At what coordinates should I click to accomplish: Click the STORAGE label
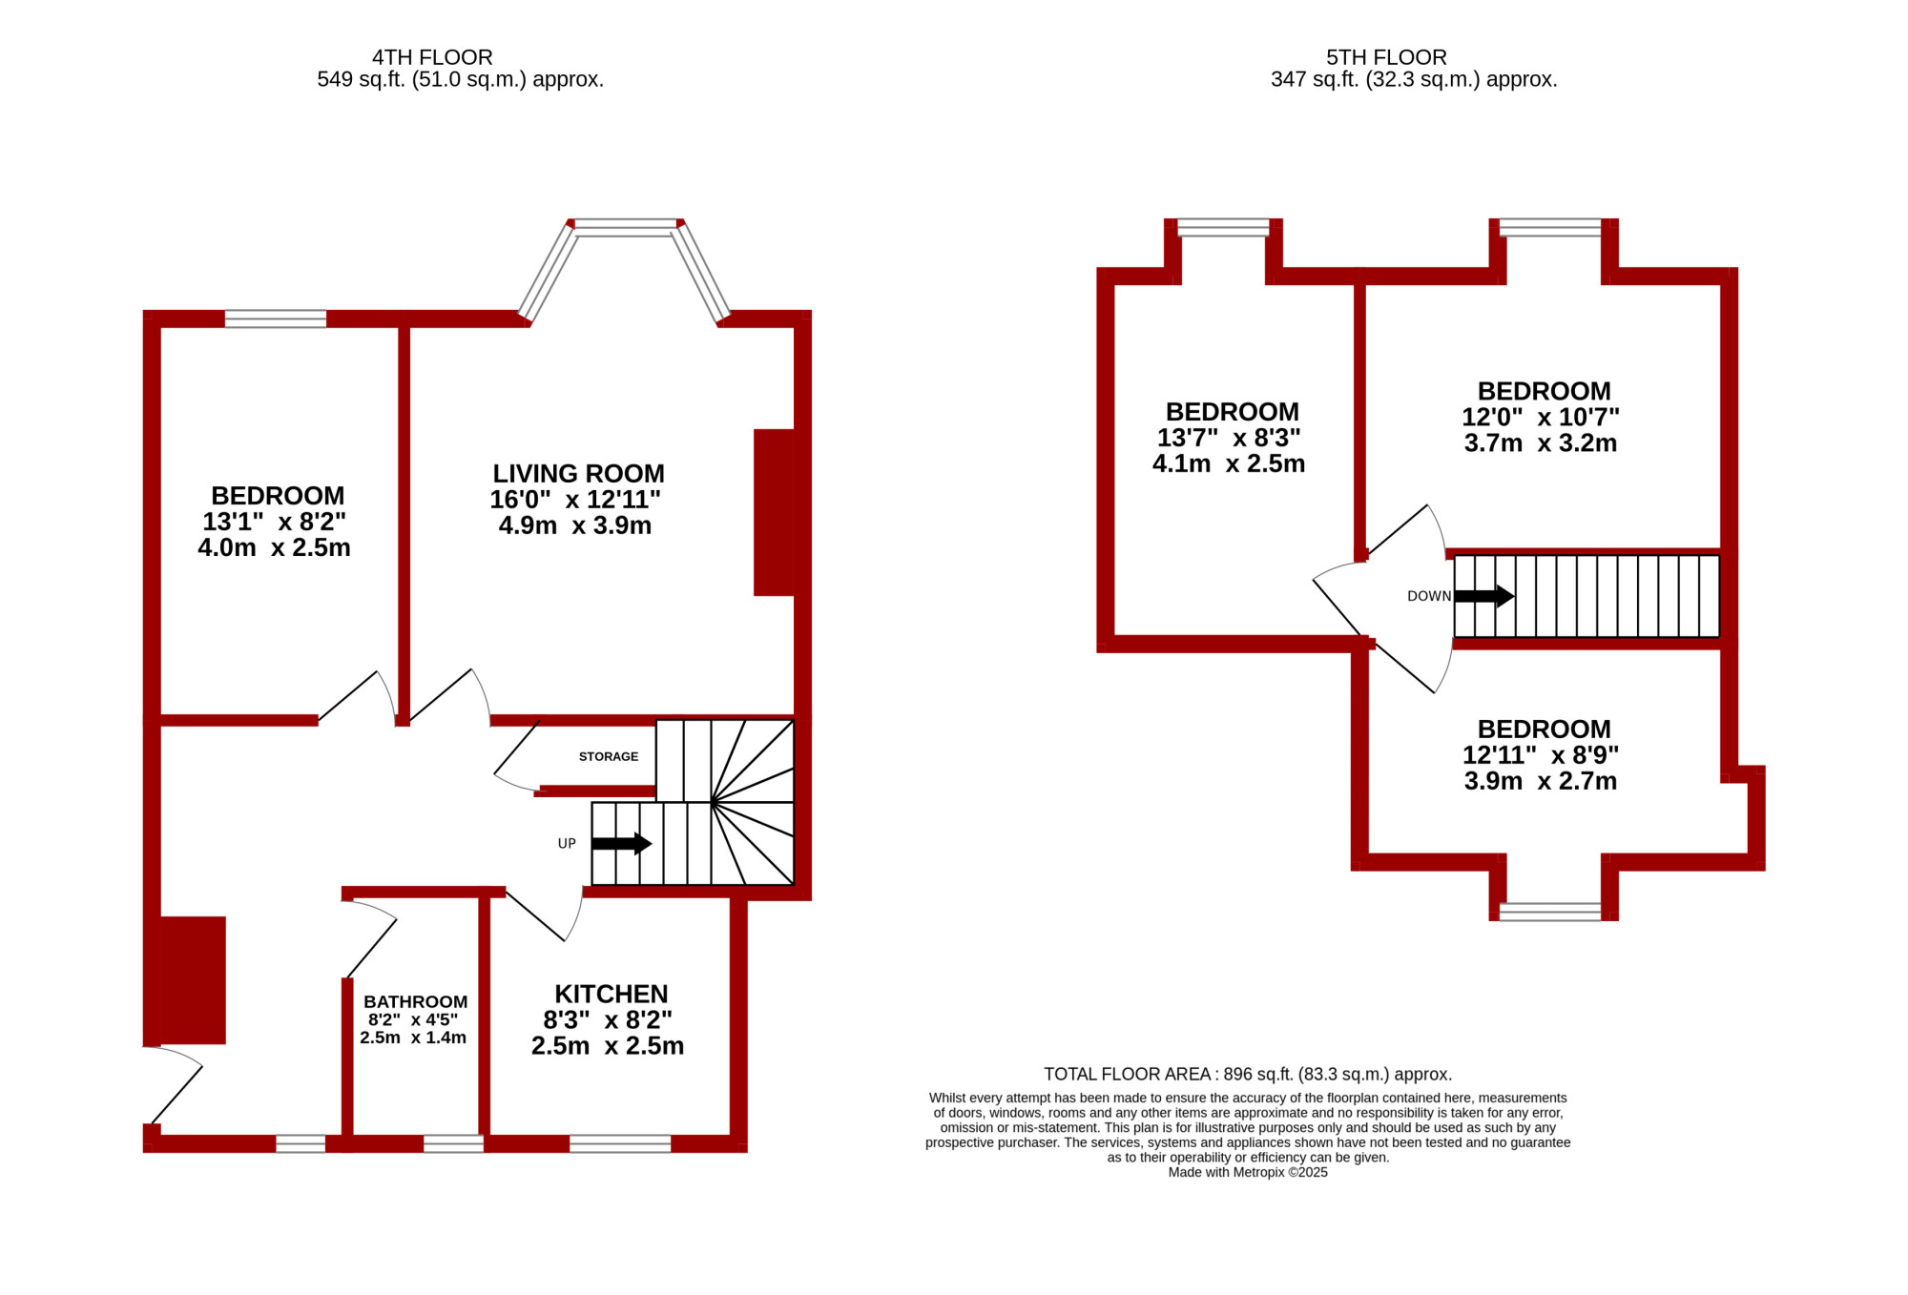[609, 756]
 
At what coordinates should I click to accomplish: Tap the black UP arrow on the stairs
[621, 843]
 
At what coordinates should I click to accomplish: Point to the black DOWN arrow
[1483, 596]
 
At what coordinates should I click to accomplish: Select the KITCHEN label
[612, 994]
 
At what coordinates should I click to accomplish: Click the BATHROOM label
[415, 1001]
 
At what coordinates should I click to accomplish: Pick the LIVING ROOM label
[578, 473]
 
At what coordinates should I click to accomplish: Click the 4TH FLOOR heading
[432, 57]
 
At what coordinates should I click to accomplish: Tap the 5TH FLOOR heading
[1386, 57]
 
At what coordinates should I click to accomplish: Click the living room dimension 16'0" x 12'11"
[575, 499]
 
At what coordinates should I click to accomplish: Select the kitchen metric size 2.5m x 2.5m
[608, 1045]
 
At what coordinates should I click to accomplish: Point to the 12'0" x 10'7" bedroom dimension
[1541, 417]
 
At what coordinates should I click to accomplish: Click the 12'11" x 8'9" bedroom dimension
[1541, 754]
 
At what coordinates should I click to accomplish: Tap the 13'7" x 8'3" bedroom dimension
[1229, 438]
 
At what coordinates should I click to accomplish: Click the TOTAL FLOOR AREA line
[1248, 1074]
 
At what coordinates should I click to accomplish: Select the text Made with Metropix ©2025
[1248, 1172]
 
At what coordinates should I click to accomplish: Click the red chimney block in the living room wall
[775, 512]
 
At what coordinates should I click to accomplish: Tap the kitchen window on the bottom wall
[620, 1143]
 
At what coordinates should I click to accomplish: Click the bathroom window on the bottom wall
[453, 1143]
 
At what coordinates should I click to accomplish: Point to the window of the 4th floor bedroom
[276, 319]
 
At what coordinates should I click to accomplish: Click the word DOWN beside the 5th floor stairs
[1429, 596]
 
